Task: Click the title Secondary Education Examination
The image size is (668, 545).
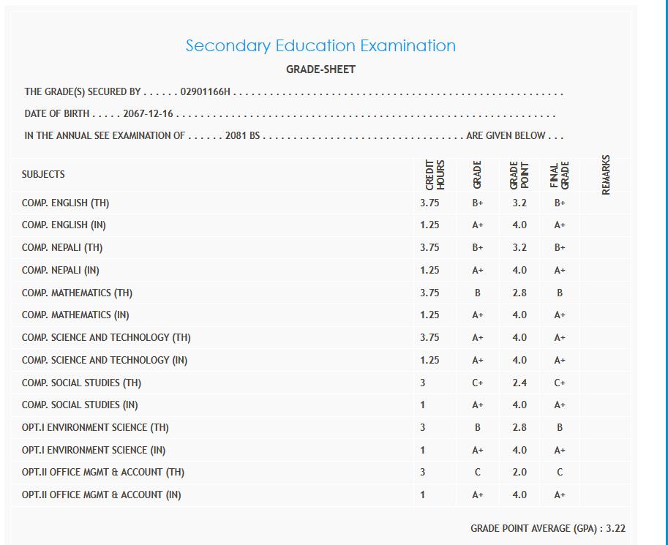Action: point(320,45)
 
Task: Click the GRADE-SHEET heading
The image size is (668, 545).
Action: point(320,70)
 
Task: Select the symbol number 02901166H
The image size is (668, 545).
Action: point(205,92)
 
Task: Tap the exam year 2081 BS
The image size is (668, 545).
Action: point(243,136)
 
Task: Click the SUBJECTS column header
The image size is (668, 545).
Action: point(43,174)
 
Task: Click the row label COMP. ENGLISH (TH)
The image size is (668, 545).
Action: point(66,203)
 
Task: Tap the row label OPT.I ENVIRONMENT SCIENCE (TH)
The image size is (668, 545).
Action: point(95,427)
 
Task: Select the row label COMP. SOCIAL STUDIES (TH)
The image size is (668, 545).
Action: point(81,383)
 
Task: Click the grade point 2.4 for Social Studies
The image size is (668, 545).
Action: point(519,383)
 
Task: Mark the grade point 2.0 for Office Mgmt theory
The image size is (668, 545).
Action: point(519,473)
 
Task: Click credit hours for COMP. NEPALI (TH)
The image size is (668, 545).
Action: point(429,248)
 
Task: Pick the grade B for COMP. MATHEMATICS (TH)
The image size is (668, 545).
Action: point(478,293)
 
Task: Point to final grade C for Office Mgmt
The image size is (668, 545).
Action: point(560,473)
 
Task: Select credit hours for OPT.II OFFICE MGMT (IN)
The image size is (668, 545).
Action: point(423,495)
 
